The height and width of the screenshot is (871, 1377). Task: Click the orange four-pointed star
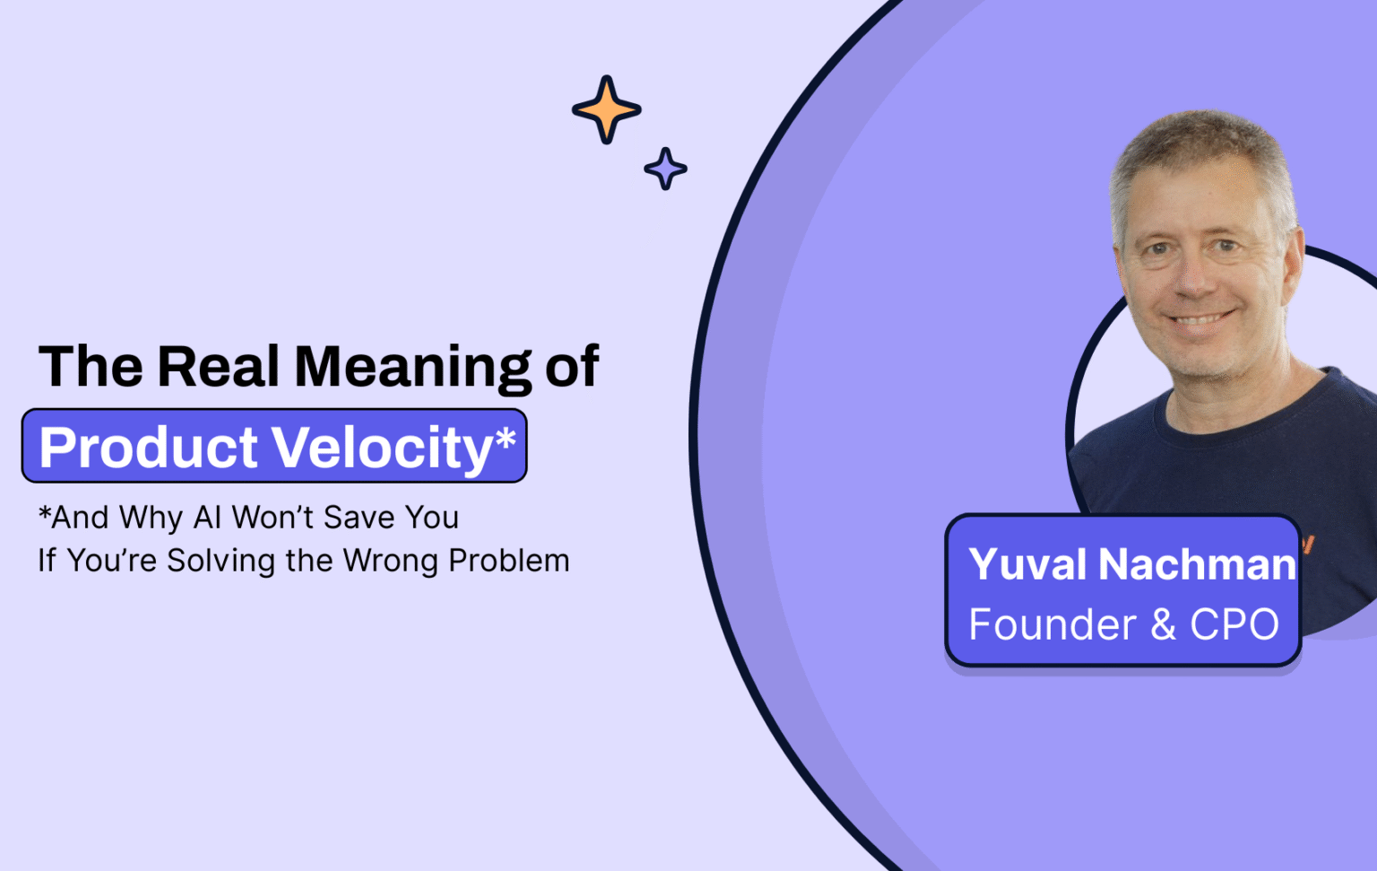click(607, 110)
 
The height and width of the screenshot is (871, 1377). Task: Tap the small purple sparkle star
click(665, 169)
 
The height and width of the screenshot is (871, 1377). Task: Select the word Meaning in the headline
click(413, 368)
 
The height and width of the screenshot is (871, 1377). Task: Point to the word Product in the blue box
click(149, 447)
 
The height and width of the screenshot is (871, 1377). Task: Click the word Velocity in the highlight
click(382, 448)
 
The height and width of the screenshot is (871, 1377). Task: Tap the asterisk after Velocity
click(506, 439)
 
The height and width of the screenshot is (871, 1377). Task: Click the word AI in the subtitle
click(207, 518)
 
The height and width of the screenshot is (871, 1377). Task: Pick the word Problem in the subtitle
click(508, 561)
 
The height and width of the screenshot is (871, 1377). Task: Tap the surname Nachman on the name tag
click(1198, 565)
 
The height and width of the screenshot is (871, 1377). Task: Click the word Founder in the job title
click(1052, 624)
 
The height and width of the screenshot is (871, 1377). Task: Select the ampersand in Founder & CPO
click(1163, 624)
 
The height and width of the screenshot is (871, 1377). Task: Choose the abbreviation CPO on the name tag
click(1234, 624)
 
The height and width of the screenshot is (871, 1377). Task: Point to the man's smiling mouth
click(1199, 319)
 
